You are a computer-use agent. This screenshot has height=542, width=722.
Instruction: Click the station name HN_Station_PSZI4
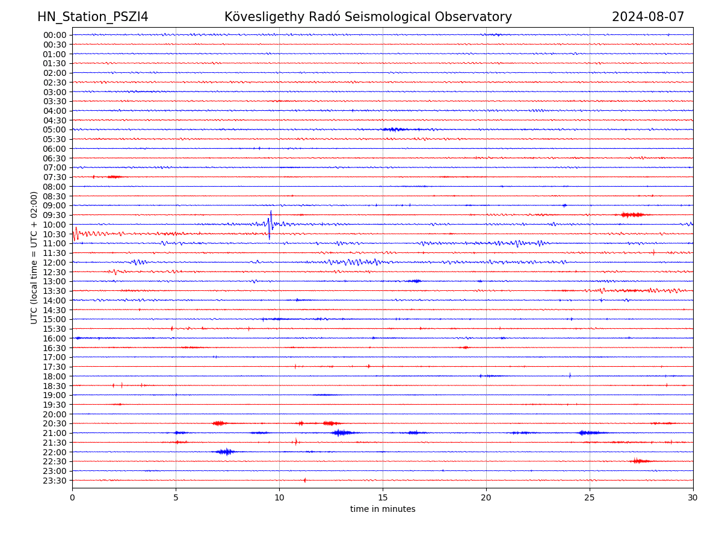[x=93, y=17]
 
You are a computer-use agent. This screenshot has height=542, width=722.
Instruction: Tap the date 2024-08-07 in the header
[x=648, y=17]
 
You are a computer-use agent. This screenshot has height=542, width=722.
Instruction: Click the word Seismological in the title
[x=367, y=17]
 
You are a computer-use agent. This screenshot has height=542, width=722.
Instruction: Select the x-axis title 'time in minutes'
[x=383, y=509]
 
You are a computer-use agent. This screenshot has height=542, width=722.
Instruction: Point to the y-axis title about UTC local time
[x=34, y=257]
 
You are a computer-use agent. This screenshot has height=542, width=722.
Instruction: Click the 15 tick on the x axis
[x=383, y=497]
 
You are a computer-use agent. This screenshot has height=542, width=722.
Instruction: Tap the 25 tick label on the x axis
[x=590, y=497]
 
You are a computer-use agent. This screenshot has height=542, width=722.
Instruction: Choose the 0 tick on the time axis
[x=72, y=497]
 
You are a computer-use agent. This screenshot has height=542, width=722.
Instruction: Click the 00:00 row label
[x=55, y=35]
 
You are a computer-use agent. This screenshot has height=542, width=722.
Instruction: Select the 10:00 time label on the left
[x=55, y=225]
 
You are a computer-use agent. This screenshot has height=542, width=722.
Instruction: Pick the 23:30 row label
[x=55, y=481]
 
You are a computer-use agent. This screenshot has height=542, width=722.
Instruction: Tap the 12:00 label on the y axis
[x=55, y=263]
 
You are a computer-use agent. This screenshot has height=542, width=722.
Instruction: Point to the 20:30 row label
[x=55, y=423]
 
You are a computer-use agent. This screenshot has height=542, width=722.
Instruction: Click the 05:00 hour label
[x=55, y=129]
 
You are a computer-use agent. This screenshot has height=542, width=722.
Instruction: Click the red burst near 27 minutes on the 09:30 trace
[x=632, y=214]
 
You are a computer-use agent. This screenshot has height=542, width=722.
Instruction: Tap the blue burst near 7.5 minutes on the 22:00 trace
[x=224, y=452]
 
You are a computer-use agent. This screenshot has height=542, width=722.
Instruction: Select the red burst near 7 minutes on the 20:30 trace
[x=218, y=423]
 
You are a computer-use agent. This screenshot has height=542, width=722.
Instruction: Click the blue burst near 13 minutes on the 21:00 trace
[x=342, y=432]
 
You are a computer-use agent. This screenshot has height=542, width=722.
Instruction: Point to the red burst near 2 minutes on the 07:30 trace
[x=114, y=176]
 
